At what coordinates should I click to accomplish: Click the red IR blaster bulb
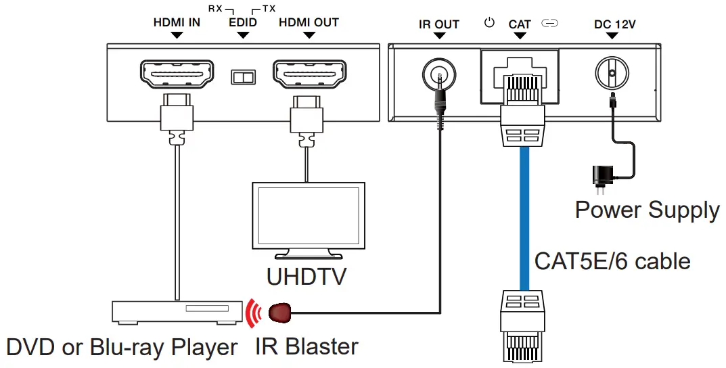[281, 313]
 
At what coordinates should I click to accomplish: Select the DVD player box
[177, 311]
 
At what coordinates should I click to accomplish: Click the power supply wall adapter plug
[600, 177]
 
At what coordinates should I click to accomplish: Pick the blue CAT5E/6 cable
[524, 216]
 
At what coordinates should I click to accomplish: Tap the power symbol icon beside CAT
[490, 23]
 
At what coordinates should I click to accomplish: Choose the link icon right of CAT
[550, 24]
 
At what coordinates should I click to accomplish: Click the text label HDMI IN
[177, 22]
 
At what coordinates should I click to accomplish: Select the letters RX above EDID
[217, 9]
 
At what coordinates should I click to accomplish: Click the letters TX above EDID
[269, 9]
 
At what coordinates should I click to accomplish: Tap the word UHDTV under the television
[307, 277]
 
